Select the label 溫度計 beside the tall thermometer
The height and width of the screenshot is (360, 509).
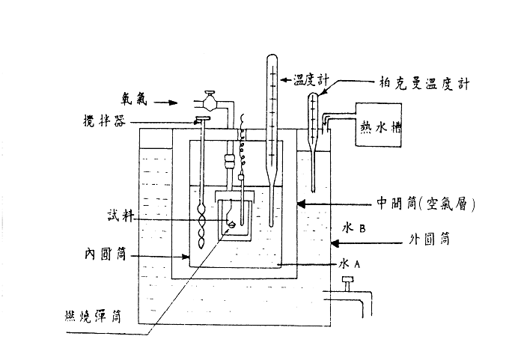(x=306, y=79)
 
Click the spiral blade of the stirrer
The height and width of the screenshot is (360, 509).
(x=201, y=225)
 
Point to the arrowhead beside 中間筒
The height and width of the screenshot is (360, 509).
(x=300, y=202)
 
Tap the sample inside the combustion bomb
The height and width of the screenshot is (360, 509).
(x=231, y=224)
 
